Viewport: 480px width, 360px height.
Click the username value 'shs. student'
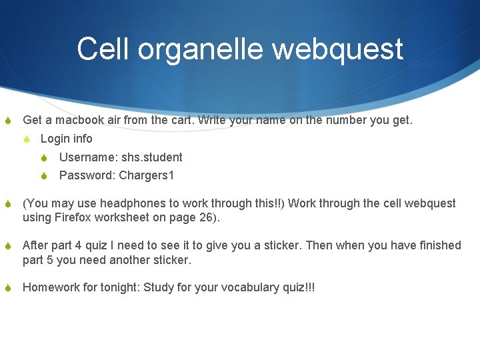click(x=151, y=157)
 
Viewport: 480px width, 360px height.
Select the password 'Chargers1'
click(x=146, y=176)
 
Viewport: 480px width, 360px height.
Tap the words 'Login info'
click(x=66, y=139)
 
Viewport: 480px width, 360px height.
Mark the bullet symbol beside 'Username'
click(x=44, y=158)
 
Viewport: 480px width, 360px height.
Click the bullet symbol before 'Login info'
click(x=26, y=139)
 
